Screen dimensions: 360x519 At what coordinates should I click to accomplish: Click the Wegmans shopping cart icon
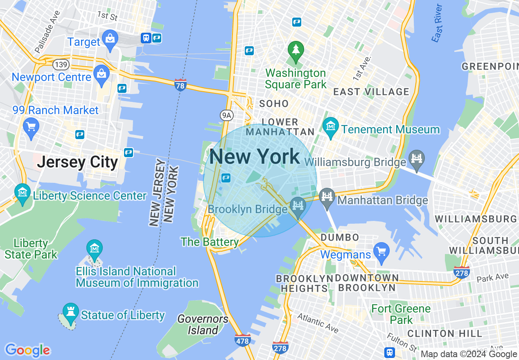[x=381, y=252]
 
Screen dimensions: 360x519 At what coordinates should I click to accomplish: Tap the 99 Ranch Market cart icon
[x=31, y=127]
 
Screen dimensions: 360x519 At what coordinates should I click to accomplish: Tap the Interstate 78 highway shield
[x=180, y=85]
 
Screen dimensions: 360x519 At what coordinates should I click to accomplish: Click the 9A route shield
[x=226, y=115]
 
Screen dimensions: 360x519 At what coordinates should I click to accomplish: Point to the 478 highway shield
[x=243, y=340]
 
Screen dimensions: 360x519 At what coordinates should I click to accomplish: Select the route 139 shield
[x=60, y=65]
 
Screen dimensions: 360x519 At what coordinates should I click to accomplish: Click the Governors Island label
[x=203, y=324]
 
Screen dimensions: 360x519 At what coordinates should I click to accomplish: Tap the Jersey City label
[x=77, y=162]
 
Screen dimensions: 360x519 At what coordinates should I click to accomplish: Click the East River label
[x=437, y=23]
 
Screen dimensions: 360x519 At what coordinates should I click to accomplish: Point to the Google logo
[x=27, y=350]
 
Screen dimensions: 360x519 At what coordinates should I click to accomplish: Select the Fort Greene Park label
[x=401, y=314]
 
